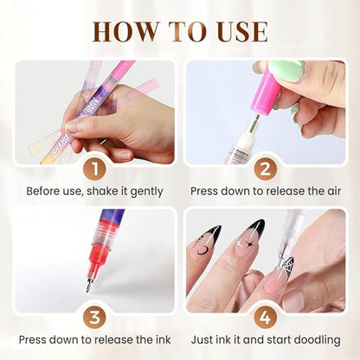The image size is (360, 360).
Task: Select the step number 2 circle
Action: (266, 164)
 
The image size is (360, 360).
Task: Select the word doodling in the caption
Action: (315, 339)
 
